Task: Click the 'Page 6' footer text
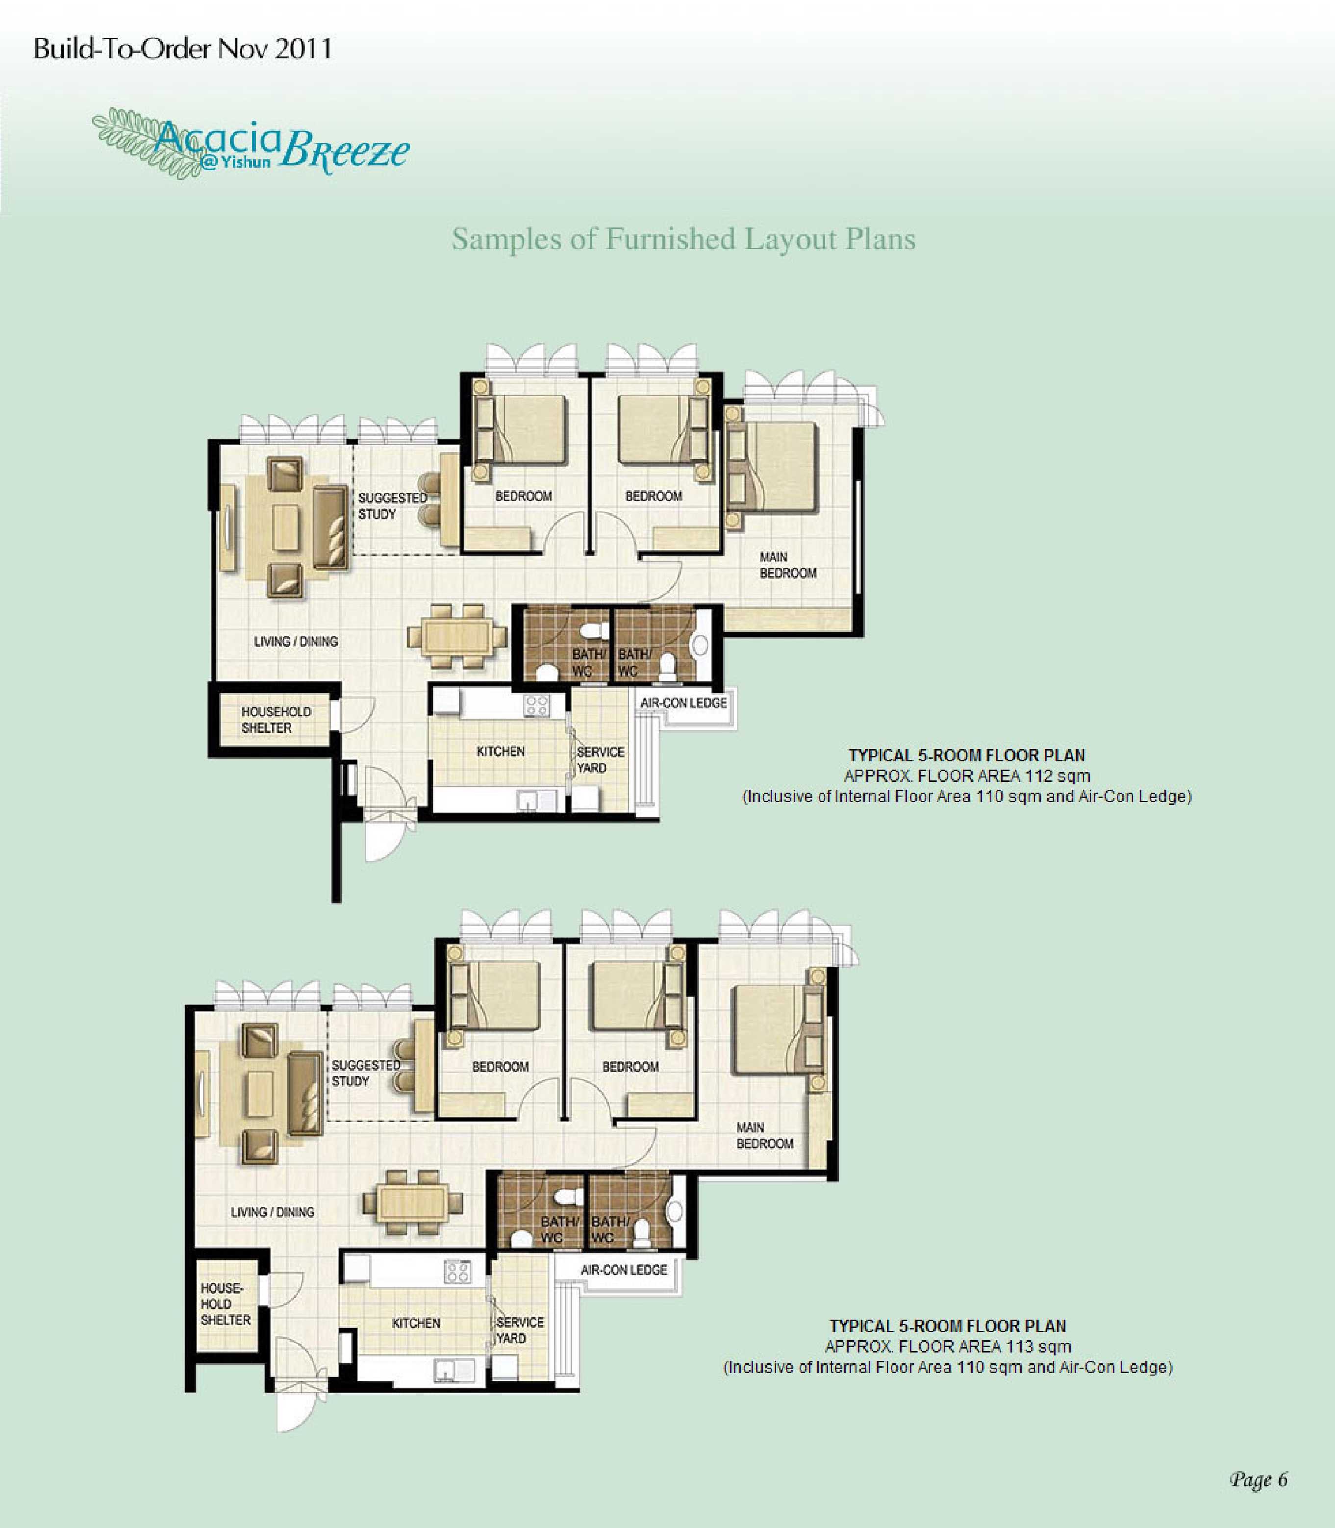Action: coord(1258,1479)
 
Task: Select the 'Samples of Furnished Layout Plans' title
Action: coord(683,239)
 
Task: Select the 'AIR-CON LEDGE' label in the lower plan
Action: coord(624,1270)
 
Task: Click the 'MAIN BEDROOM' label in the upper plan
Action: coord(787,565)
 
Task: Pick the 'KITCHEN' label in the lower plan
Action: coord(416,1323)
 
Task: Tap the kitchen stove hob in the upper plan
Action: coord(536,705)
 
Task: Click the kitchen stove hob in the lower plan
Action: coord(456,1272)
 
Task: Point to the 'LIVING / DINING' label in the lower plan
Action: coord(273,1212)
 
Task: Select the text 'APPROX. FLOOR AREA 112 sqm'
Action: coord(967,776)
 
